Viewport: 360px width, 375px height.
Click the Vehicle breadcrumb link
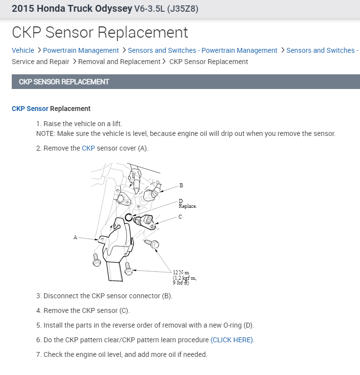[x=23, y=50]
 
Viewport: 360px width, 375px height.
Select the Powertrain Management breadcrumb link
[x=81, y=50]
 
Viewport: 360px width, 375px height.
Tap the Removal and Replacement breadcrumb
[x=119, y=62]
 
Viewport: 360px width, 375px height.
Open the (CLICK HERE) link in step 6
[x=232, y=340]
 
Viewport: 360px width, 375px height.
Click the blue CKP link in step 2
[x=88, y=148]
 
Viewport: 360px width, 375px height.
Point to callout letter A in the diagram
[x=75, y=237]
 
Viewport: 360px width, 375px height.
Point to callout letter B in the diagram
[x=181, y=185]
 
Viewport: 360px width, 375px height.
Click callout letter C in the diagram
[x=180, y=217]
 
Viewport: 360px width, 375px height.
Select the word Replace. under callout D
[x=187, y=206]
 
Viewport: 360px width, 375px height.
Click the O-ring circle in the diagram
[x=129, y=217]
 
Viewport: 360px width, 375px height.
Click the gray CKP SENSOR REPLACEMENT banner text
[x=64, y=82]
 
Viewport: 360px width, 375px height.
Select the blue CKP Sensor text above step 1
[x=30, y=109]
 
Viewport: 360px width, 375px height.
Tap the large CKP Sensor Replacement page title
[x=100, y=33]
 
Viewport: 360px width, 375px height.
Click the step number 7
[x=39, y=354]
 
